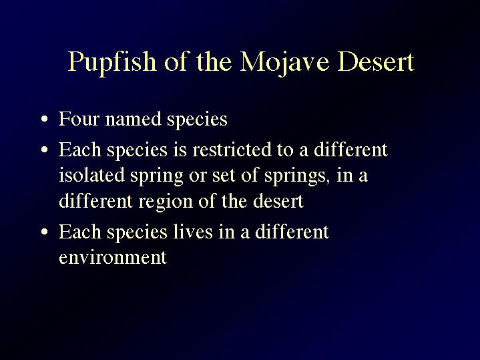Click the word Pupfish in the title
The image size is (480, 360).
pyautogui.click(x=111, y=63)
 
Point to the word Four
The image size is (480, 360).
pyautogui.click(x=79, y=119)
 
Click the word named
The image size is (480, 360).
pyautogui.click(x=133, y=119)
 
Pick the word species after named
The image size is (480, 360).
pyautogui.click(x=197, y=120)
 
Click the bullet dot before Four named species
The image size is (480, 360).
pyautogui.click(x=44, y=119)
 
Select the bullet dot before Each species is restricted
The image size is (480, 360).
pyautogui.click(x=44, y=150)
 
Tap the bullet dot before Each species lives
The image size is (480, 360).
pyautogui.click(x=44, y=232)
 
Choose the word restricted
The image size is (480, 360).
pyautogui.click(x=232, y=150)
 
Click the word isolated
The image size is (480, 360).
pyautogui.click(x=91, y=175)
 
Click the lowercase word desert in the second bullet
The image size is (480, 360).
pyautogui.click(x=278, y=201)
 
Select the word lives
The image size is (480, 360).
pyautogui.click(x=193, y=231)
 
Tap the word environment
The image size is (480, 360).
pyautogui.click(x=113, y=257)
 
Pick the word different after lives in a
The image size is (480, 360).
pyautogui.click(x=292, y=231)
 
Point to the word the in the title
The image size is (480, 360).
pyautogui.click(x=214, y=61)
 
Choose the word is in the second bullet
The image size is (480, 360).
pyautogui.click(x=180, y=150)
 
